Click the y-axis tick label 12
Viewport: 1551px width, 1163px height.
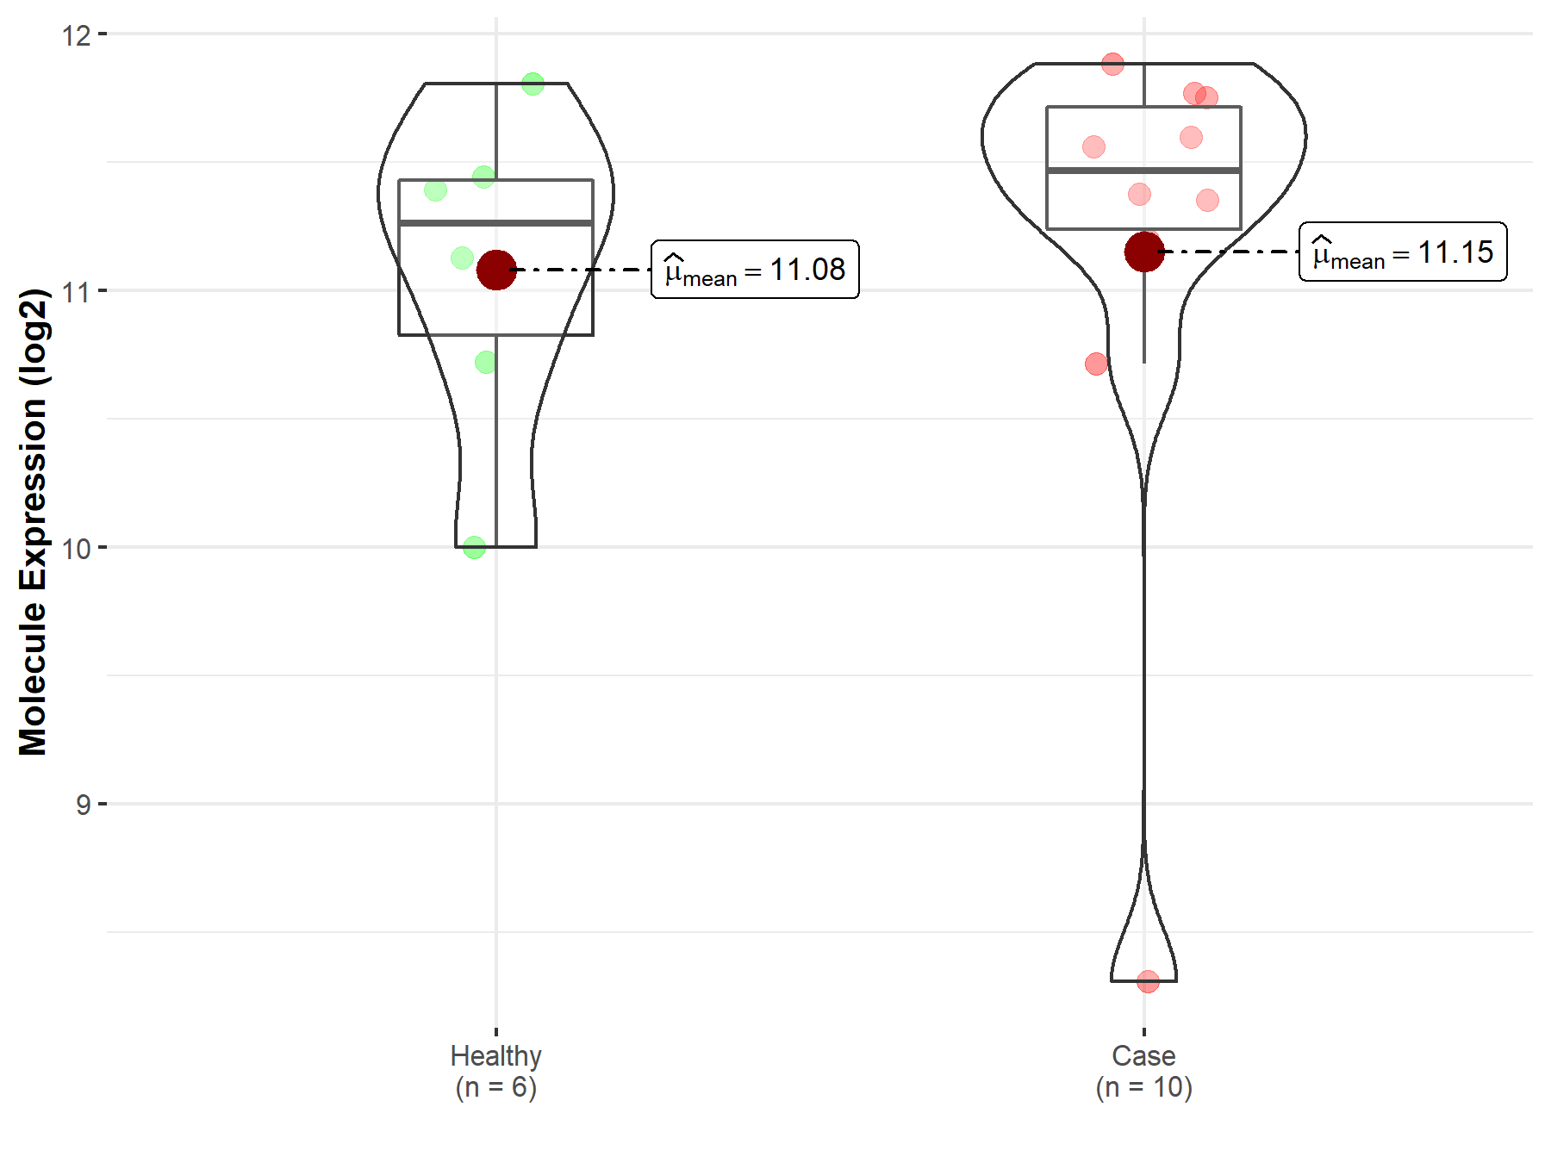(77, 34)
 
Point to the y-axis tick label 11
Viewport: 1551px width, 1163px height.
(77, 291)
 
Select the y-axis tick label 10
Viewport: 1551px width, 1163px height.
(77, 548)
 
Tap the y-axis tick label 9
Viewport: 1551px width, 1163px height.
(83, 805)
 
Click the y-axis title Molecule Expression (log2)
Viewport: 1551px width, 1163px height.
(33, 522)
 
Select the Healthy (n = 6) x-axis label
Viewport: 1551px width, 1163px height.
(496, 1071)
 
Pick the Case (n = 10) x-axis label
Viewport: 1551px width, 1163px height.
(1144, 1071)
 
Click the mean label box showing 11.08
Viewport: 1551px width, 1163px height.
(755, 270)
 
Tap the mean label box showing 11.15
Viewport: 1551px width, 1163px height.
(1403, 252)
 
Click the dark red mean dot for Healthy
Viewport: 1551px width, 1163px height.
(496, 270)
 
